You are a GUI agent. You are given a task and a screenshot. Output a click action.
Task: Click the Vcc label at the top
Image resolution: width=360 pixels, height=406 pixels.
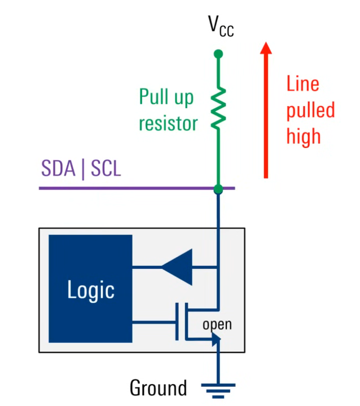pyautogui.click(x=221, y=26)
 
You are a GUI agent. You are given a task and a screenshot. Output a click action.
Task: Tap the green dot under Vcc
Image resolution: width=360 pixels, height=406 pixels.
pyautogui.click(x=218, y=54)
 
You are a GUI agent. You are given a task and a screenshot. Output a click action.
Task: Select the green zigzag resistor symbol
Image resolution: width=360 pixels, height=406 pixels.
pyautogui.click(x=218, y=108)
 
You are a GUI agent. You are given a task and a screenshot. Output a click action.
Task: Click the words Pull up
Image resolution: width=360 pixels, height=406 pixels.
pyautogui.click(x=166, y=97)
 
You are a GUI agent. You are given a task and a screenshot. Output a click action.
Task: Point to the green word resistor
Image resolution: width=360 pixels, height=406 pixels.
pyautogui.click(x=168, y=123)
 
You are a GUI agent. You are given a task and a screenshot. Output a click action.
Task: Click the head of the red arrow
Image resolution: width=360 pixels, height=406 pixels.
pyautogui.click(x=266, y=48)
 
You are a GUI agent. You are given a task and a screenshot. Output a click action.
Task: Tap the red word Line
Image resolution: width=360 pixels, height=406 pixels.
pyautogui.click(x=302, y=83)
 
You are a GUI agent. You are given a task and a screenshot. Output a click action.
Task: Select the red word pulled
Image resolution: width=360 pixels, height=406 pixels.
pyautogui.click(x=311, y=111)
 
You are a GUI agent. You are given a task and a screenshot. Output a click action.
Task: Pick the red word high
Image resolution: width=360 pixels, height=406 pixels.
pyautogui.click(x=304, y=136)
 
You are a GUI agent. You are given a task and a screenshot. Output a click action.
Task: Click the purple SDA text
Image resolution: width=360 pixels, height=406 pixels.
pyautogui.click(x=58, y=168)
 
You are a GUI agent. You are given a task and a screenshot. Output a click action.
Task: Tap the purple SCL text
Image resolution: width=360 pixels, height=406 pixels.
pyautogui.click(x=106, y=168)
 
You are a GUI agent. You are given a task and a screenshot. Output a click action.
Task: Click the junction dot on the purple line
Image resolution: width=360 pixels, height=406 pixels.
pyautogui.click(x=218, y=189)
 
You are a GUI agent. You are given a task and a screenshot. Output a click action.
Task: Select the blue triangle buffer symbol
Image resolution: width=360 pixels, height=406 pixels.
pyautogui.click(x=177, y=267)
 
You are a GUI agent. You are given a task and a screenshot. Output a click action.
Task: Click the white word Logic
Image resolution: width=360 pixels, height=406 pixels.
pyautogui.click(x=91, y=290)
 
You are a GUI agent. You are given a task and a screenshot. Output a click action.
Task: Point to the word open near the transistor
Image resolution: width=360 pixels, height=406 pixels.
pyautogui.click(x=217, y=325)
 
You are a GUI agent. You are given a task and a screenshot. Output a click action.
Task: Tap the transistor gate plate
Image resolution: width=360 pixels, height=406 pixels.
pyautogui.click(x=177, y=321)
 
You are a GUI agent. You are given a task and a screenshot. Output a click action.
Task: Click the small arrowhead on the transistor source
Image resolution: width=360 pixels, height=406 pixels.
pyautogui.click(x=216, y=339)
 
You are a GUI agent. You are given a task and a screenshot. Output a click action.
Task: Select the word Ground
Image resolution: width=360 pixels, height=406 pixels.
pyautogui.click(x=158, y=387)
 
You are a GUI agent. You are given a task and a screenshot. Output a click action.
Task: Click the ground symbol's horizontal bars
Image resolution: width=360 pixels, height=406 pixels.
pyautogui.click(x=218, y=391)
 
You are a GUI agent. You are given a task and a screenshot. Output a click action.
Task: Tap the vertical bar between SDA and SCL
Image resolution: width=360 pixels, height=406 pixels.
pyautogui.click(x=83, y=169)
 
